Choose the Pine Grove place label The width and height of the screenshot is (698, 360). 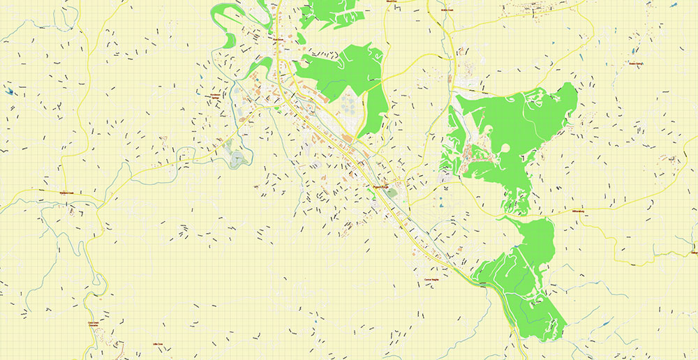coord(277,40)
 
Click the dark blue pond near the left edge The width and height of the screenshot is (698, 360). coord(8,91)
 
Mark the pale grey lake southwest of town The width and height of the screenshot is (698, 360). coord(238,158)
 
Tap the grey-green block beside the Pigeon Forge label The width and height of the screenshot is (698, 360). coord(393,193)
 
